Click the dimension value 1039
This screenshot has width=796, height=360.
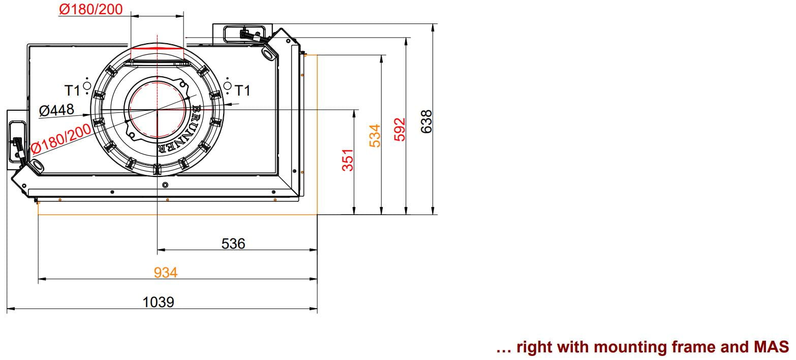(x=158, y=302)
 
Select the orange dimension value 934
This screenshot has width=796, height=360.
(x=165, y=273)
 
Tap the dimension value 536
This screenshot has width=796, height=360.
(x=233, y=244)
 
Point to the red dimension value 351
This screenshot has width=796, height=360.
(x=348, y=160)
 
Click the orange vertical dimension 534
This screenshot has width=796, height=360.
(x=375, y=136)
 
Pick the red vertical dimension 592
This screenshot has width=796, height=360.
(x=400, y=129)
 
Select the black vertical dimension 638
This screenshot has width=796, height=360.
(x=426, y=122)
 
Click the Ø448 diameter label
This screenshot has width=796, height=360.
(x=56, y=110)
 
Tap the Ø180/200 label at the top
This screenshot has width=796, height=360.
(x=91, y=9)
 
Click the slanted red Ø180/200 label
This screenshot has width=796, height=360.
(x=61, y=139)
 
